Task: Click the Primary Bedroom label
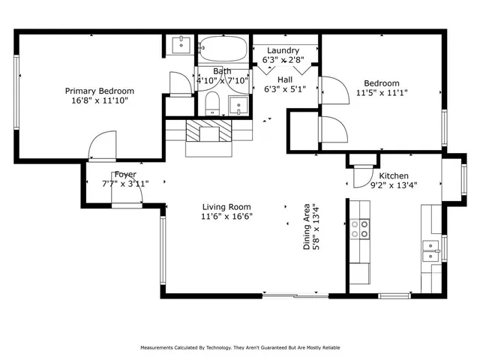pos(100,91)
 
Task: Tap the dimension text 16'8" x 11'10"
pos(100,100)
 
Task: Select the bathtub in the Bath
pos(223,48)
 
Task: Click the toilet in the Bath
pos(212,103)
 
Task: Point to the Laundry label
pos(283,50)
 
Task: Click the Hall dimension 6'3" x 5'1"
pos(285,89)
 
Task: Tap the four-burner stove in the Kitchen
pos(360,229)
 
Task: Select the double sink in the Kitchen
pos(431,250)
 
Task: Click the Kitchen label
pos(394,175)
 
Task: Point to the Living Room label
pos(226,207)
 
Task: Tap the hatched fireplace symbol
pos(209,130)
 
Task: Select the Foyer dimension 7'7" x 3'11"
pos(125,184)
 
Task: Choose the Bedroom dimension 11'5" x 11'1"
pos(382,92)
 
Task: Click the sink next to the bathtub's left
pos(181,45)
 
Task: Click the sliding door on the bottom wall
pos(295,295)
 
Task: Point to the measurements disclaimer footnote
pos(240,348)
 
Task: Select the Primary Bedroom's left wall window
pos(16,91)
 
